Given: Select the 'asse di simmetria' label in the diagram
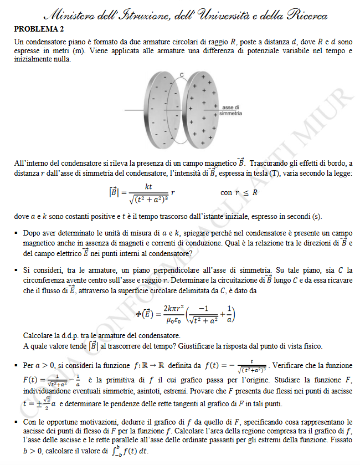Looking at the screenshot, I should tap(230, 110).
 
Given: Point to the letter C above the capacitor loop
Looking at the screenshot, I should tap(181, 74).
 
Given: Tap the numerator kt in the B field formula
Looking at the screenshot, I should tap(148, 186).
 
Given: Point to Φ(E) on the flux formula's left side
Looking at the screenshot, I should tap(145, 314).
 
